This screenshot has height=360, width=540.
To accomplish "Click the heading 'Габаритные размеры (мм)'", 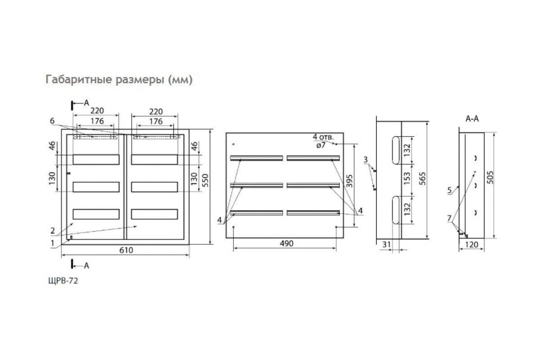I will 119,80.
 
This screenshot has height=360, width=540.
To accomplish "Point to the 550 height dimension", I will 205,180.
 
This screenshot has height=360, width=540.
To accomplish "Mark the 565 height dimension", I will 422,180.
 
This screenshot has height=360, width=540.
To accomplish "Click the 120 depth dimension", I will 471,245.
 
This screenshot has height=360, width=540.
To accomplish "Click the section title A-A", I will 472,119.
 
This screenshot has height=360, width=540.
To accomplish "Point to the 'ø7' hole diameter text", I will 320,145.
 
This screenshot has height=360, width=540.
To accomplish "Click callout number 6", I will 52,121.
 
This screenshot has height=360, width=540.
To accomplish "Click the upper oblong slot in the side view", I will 395,150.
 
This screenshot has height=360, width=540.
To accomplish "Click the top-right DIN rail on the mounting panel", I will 313,158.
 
